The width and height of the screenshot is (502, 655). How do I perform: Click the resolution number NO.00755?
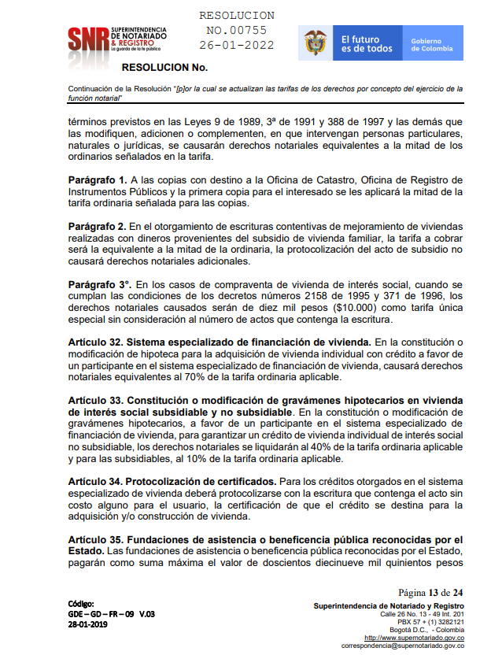(x=237, y=31)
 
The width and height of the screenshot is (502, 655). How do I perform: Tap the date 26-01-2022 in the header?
(x=237, y=46)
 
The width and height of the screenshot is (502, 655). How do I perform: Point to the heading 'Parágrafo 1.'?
(x=98, y=180)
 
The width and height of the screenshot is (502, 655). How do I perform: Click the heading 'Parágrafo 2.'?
(x=98, y=226)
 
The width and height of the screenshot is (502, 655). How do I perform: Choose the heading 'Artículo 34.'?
(x=96, y=481)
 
